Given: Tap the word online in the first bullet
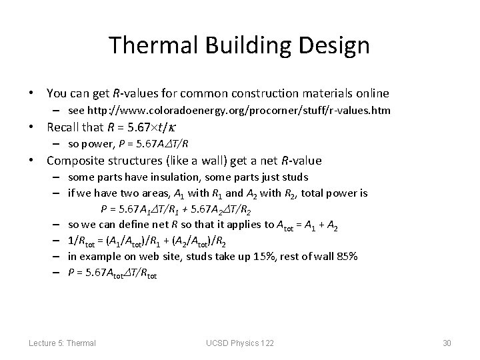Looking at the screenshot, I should coord(372,93).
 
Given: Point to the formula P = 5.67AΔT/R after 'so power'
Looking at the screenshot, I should coord(151,143).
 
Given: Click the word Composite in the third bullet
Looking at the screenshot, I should coord(76,161).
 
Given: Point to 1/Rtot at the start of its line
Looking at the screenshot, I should coord(81,241).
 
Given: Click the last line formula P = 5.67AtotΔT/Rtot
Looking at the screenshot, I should coord(113,273).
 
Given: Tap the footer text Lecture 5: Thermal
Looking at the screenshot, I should coord(62,343).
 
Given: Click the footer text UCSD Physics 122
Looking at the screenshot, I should coord(241,343).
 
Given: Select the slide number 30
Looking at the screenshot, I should coord(447,343).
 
